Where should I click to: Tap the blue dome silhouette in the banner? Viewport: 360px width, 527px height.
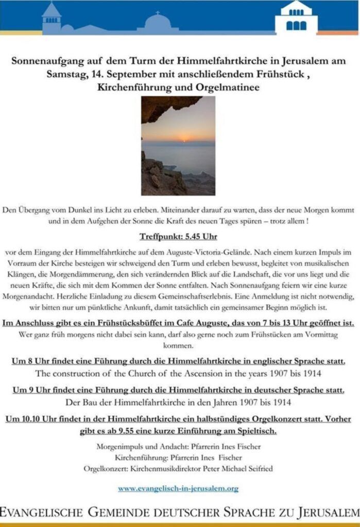tap(157, 23)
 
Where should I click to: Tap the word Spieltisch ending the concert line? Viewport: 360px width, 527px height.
tap(256, 431)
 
